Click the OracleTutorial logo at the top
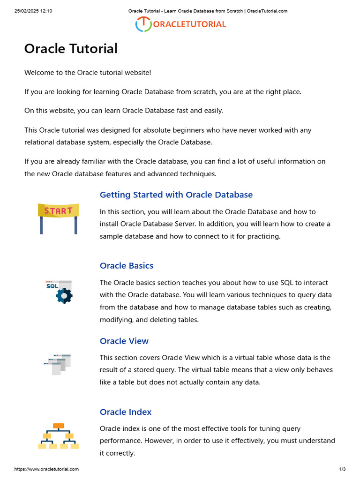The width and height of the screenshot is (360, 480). (180, 24)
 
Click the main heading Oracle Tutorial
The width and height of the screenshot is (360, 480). (71, 48)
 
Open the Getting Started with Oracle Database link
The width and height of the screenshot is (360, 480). (176, 195)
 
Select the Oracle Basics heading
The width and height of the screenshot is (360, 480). (127, 265)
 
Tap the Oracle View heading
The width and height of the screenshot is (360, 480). (124, 341)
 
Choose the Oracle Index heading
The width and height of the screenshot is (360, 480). (126, 412)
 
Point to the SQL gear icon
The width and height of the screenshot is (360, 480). (59, 291)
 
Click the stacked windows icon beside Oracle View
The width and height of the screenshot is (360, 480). (57, 364)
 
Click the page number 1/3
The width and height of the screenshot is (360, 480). (342, 469)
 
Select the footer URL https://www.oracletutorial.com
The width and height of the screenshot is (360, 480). (46, 469)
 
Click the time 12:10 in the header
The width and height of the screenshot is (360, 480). (46, 11)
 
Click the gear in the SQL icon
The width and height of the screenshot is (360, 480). (64, 295)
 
